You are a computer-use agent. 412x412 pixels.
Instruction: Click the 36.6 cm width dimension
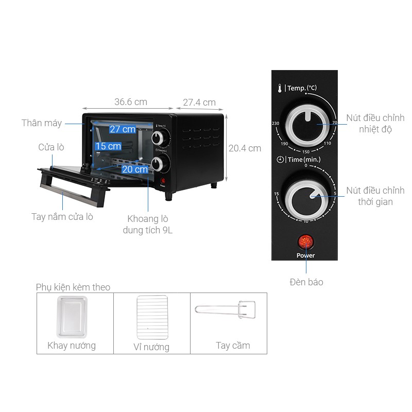(x=131, y=102)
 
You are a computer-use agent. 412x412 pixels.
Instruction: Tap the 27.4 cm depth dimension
(x=199, y=102)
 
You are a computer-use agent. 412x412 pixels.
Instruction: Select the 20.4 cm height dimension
(x=245, y=148)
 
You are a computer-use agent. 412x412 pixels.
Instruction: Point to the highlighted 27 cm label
(x=122, y=129)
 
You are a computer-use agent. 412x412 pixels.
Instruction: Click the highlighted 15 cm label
(x=108, y=146)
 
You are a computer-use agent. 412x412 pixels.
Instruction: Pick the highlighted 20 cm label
(x=134, y=169)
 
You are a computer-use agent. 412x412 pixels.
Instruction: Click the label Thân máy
(x=42, y=123)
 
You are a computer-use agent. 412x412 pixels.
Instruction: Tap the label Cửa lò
(x=51, y=147)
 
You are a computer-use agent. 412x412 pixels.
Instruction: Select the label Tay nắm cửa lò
(x=62, y=217)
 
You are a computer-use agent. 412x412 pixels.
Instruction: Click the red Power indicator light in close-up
(x=305, y=241)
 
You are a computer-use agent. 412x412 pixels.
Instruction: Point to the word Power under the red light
(x=305, y=255)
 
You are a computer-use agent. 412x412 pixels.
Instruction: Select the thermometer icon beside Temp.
(x=279, y=88)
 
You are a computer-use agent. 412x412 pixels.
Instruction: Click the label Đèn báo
(x=306, y=282)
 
